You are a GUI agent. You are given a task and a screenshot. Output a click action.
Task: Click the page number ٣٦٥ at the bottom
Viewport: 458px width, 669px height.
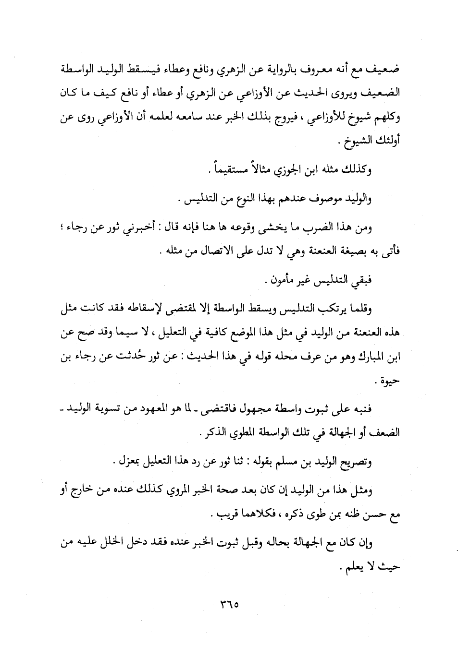pos(229,603)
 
